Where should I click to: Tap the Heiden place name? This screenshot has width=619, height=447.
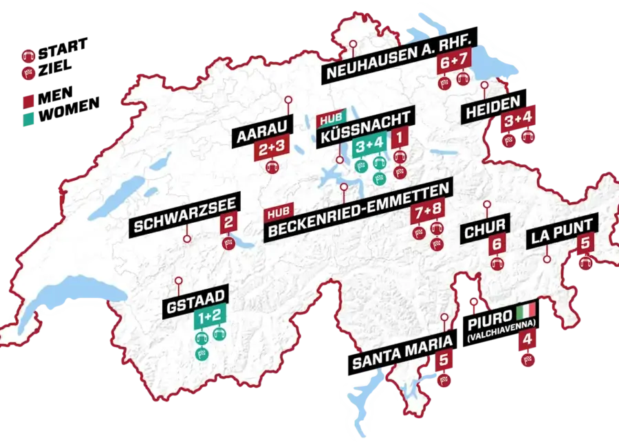pos(492,109)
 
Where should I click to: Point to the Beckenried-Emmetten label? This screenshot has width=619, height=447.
pos(358,221)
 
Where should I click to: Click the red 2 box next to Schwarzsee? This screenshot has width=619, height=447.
pos(228,222)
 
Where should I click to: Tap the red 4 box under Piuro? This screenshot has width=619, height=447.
pos(528,340)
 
